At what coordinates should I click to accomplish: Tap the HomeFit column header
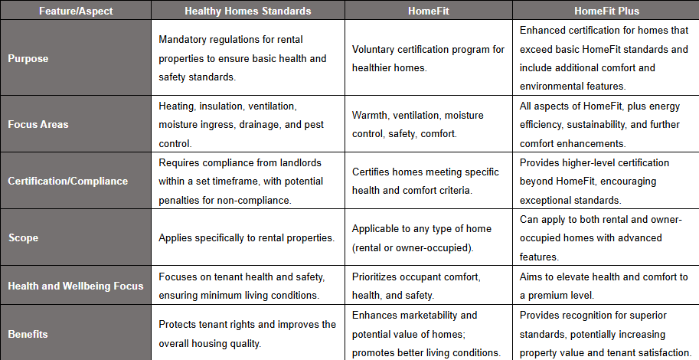click(429, 10)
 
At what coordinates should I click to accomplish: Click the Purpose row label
click(28, 57)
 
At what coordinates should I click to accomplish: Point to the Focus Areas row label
click(38, 124)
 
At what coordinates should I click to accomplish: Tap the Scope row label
click(23, 237)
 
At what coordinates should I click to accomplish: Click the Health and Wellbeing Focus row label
click(75, 286)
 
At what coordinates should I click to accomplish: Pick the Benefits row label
click(28, 334)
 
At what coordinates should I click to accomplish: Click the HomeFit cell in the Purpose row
click(428, 57)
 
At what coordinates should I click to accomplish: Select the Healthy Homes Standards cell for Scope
click(247, 237)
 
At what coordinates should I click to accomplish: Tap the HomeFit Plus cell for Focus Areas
click(605, 124)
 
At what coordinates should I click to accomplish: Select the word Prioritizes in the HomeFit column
click(380, 277)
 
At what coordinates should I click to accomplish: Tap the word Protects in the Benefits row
click(179, 324)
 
